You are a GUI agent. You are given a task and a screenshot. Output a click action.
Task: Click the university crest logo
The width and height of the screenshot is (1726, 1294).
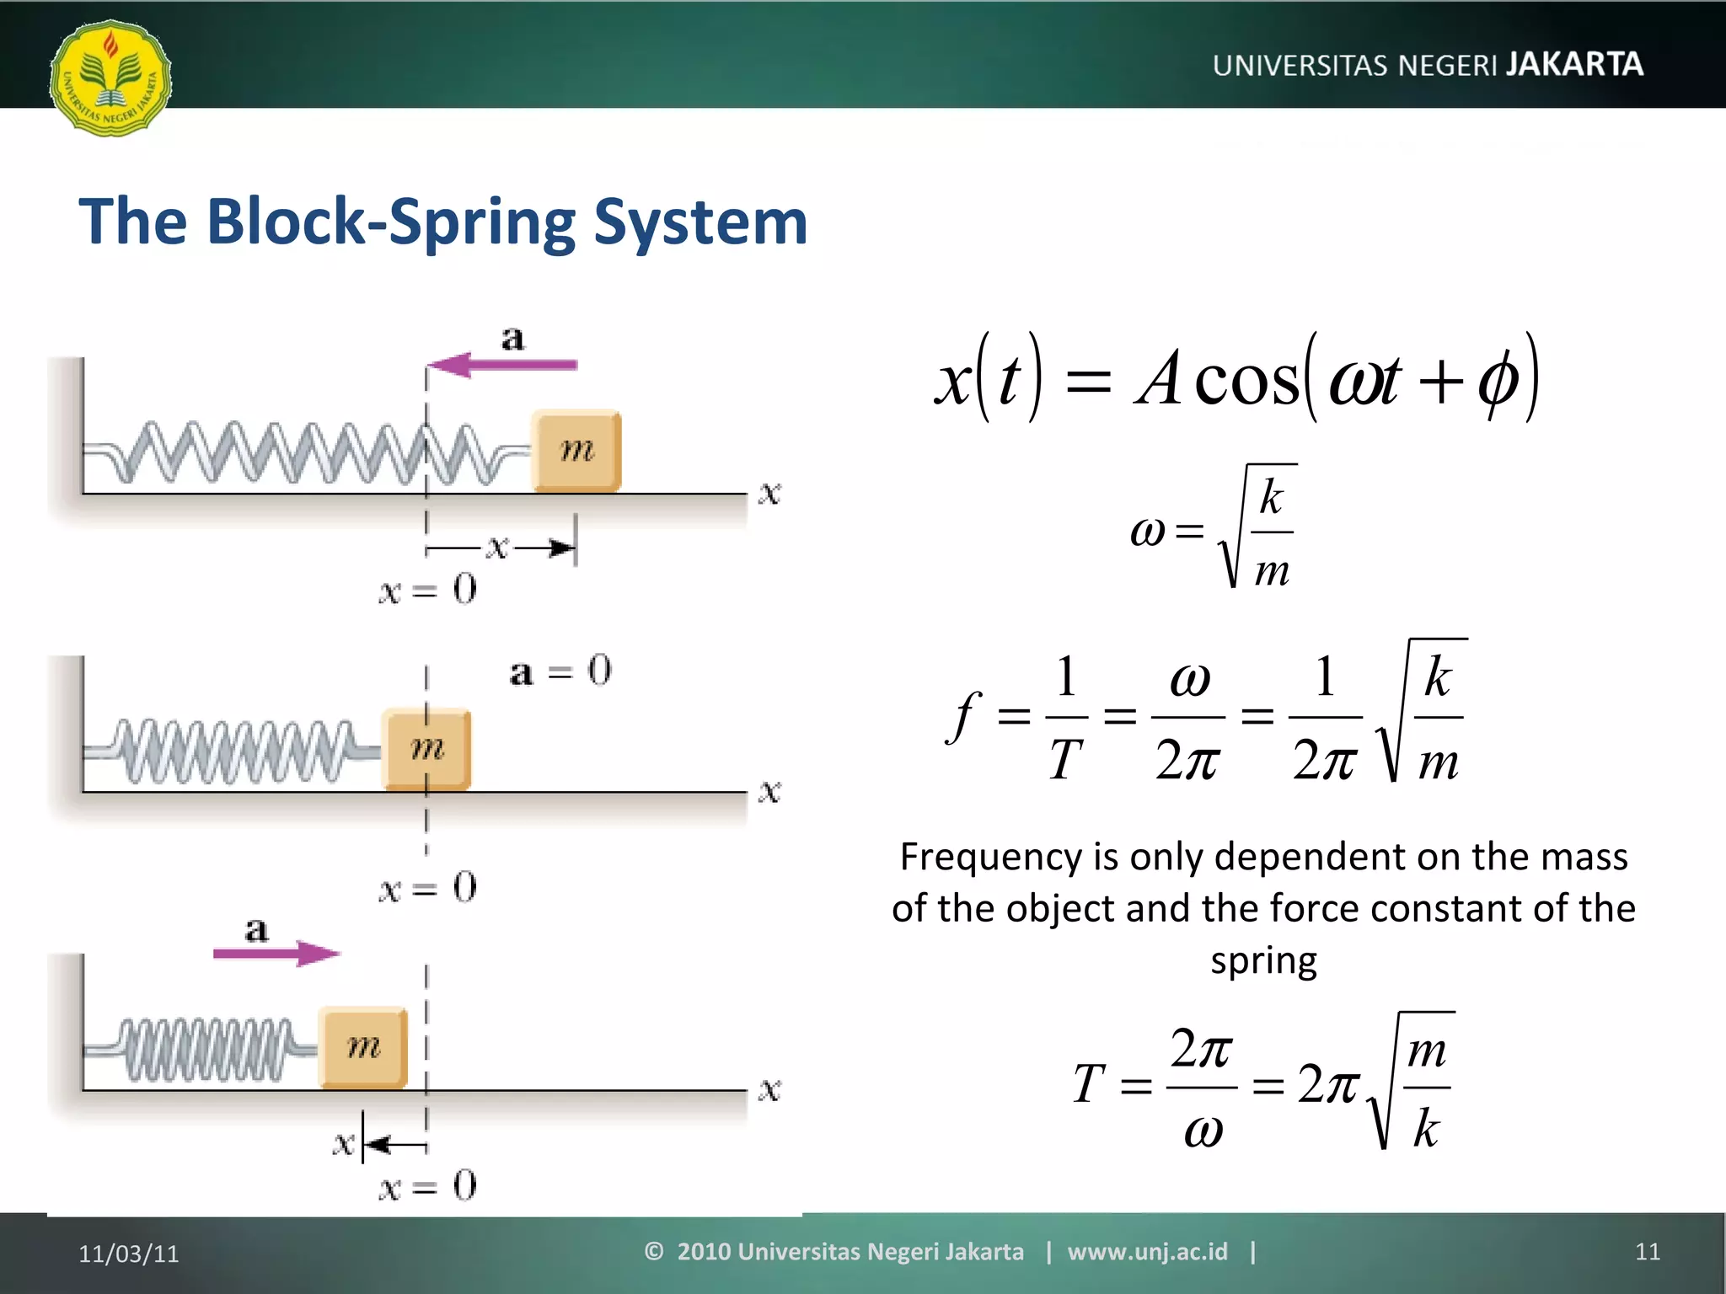(x=110, y=78)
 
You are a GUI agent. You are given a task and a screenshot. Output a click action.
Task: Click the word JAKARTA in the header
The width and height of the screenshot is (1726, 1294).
(x=1574, y=64)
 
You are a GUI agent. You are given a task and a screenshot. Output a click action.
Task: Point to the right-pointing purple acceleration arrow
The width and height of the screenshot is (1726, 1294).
(x=276, y=954)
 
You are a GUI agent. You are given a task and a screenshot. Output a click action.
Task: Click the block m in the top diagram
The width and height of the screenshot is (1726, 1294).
(x=576, y=451)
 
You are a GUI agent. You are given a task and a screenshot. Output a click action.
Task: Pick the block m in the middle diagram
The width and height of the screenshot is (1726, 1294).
(x=426, y=749)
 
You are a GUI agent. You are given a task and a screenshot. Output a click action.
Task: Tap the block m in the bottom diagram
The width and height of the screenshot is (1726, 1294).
(x=363, y=1047)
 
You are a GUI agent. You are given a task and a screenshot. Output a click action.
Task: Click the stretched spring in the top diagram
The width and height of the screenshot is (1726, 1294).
(x=312, y=452)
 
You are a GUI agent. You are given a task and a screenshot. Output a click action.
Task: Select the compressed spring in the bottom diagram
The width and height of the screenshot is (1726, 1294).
(x=206, y=1049)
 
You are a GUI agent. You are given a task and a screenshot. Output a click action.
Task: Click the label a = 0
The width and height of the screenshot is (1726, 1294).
(x=560, y=671)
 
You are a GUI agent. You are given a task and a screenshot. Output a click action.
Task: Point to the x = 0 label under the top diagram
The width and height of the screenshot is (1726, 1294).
(x=427, y=589)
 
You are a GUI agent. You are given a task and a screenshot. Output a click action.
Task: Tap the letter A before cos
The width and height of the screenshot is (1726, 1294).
(x=1158, y=379)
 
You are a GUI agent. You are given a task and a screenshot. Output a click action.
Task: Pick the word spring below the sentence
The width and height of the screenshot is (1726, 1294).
(x=1263, y=960)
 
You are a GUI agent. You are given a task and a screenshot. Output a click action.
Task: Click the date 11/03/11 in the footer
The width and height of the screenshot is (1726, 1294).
(x=129, y=1254)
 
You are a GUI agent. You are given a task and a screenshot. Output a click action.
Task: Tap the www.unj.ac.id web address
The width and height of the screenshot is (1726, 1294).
(x=1147, y=1252)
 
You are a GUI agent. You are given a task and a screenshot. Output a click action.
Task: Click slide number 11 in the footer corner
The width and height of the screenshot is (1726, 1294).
(x=1647, y=1252)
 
